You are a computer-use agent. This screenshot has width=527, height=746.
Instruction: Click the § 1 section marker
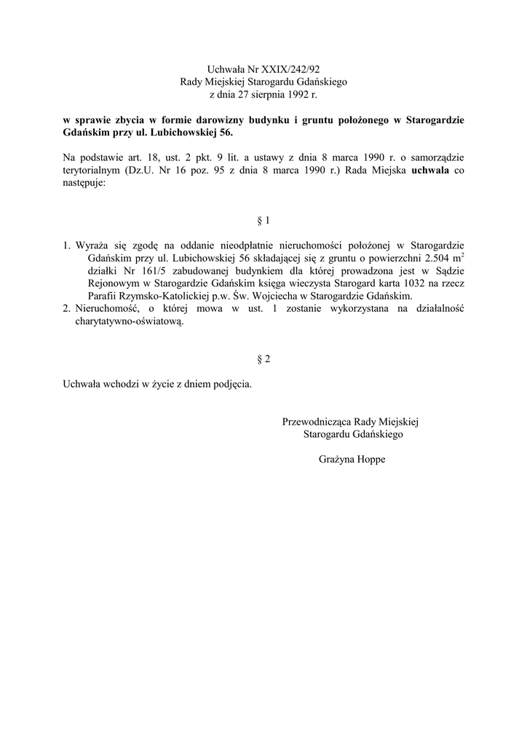(263, 219)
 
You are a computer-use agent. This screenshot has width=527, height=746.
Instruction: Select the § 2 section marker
(263, 359)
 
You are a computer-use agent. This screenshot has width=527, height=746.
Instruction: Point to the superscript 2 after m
(464, 254)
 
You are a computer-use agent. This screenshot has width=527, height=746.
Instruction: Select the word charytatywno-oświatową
(130, 323)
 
